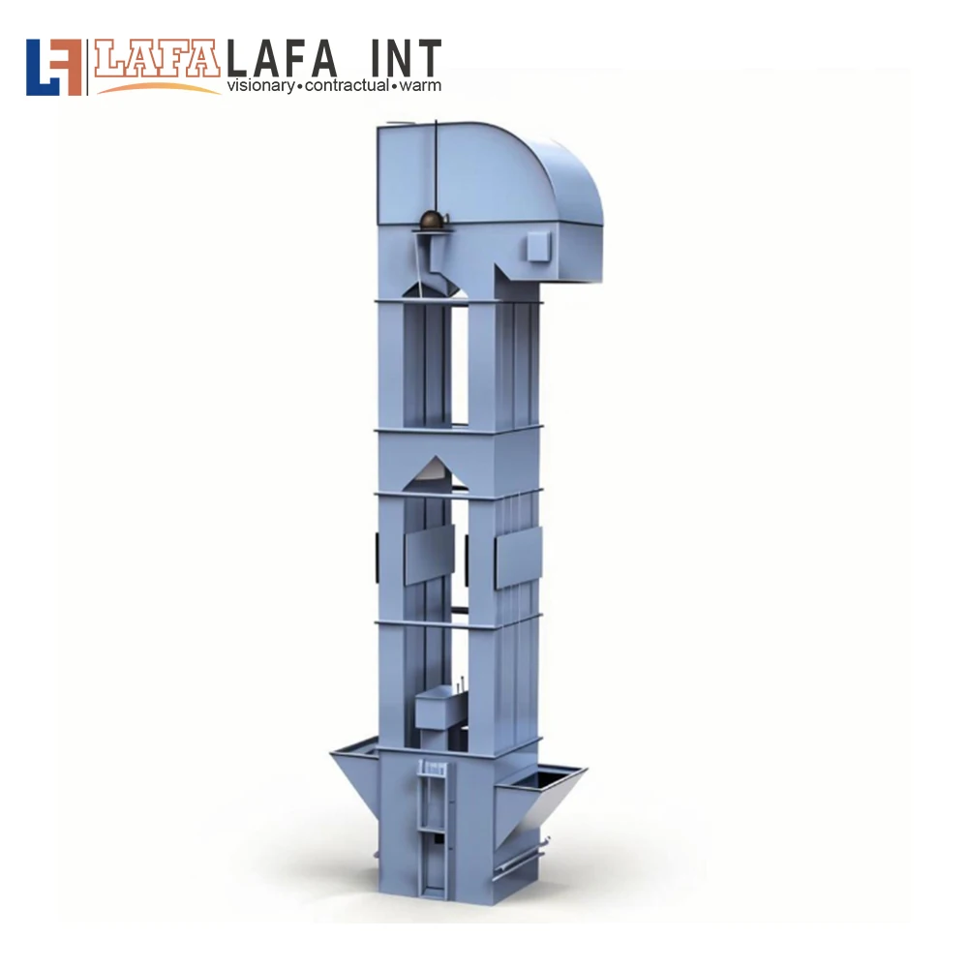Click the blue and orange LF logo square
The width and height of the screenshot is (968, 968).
(x=53, y=68)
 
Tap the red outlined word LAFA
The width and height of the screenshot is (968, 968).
(x=157, y=59)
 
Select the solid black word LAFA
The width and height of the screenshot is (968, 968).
(x=282, y=59)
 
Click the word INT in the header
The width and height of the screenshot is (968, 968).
(x=406, y=59)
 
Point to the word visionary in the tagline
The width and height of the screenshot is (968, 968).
(x=260, y=86)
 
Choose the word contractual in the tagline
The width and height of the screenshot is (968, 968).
(x=347, y=85)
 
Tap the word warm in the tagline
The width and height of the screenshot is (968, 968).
(x=420, y=86)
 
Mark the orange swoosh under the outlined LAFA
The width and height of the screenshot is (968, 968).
(x=160, y=88)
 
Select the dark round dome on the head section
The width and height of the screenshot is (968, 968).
(x=434, y=220)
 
